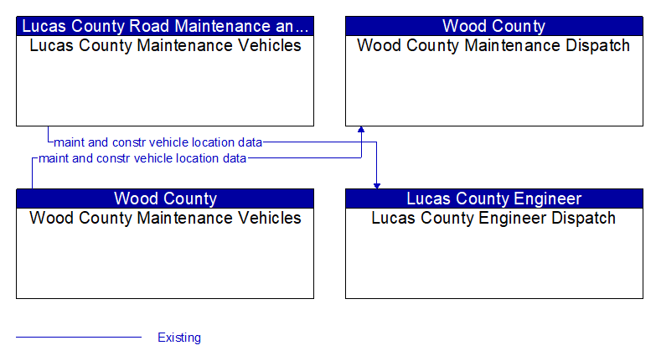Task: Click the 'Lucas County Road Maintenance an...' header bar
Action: coord(165,26)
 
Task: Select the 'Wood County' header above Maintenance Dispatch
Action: coord(494,26)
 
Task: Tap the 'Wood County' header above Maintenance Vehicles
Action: coord(165,199)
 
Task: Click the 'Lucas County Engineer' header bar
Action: coord(494,199)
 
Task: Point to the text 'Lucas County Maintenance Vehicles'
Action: coord(165,45)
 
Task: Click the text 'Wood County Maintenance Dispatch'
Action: coord(493,45)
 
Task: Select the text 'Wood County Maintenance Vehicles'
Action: coord(165,218)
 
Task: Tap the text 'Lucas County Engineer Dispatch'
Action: coord(493,219)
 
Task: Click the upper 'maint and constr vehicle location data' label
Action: coord(158,142)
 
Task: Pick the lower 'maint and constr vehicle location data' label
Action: coord(142,158)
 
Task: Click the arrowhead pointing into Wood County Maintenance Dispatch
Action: coord(361,129)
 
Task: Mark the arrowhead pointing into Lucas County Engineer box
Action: coord(377,186)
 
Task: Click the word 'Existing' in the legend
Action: coord(179,338)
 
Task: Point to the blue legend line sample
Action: coord(79,337)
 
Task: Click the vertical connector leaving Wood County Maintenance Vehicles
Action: coord(32,173)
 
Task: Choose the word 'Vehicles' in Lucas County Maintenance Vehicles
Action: coord(270,45)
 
